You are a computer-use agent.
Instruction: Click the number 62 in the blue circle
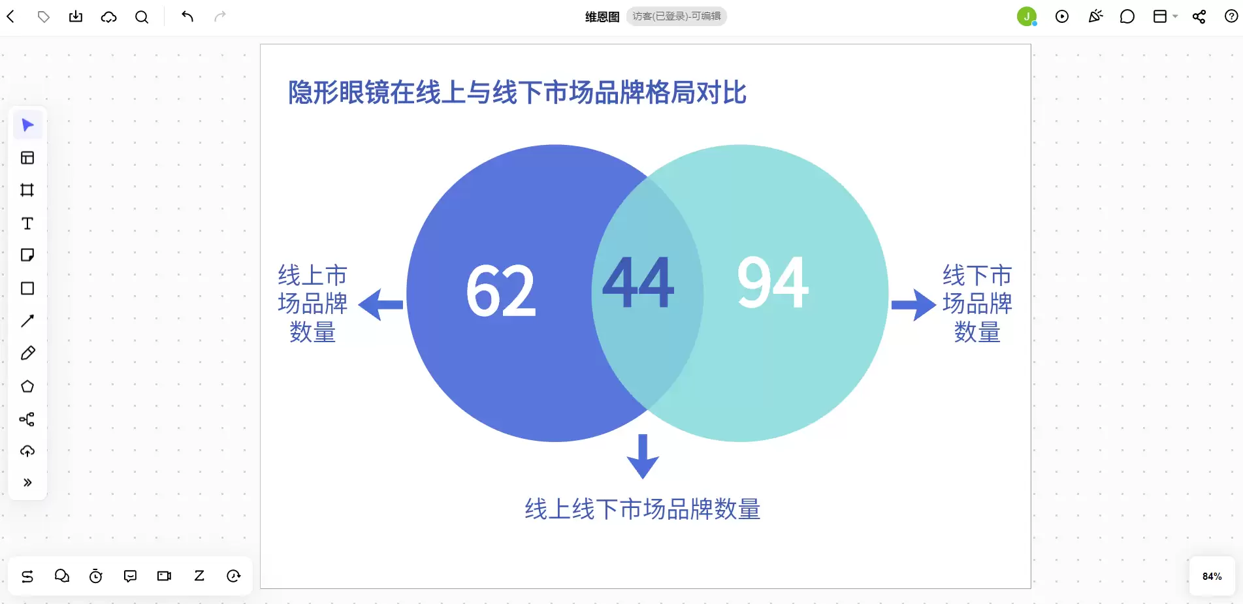[x=501, y=291]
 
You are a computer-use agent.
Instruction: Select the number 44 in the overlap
[x=638, y=282]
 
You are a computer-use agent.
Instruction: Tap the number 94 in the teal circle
[x=773, y=282]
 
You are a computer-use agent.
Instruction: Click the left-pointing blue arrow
[x=381, y=305]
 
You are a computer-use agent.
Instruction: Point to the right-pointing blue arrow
[x=914, y=305]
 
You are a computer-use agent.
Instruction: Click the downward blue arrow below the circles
[x=643, y=456]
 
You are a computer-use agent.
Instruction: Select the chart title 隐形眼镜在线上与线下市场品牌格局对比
[x=517, y=93]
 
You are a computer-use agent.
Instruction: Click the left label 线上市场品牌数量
[x=312, y=304]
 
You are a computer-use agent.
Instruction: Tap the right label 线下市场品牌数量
[x=977, y=304]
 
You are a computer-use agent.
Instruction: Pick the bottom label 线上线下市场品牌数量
[x=643, y=509]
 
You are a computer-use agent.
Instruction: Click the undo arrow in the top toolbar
[x=187, y=16]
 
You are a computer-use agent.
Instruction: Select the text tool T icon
[x=27, y=223]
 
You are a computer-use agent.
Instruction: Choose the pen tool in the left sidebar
[x=27, y=353]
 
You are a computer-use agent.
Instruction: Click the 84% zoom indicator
[x=1212, y=577]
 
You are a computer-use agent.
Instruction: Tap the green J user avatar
[x=1027, y=16]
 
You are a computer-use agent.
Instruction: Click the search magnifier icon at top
[x=142, y=16]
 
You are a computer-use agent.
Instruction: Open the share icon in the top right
[x=1199, y=16]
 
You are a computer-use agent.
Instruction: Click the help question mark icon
[x=1231, y=16]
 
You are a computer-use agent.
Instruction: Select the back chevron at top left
[x=10, y=16]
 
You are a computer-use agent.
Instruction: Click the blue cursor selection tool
[x=27, y=125]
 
